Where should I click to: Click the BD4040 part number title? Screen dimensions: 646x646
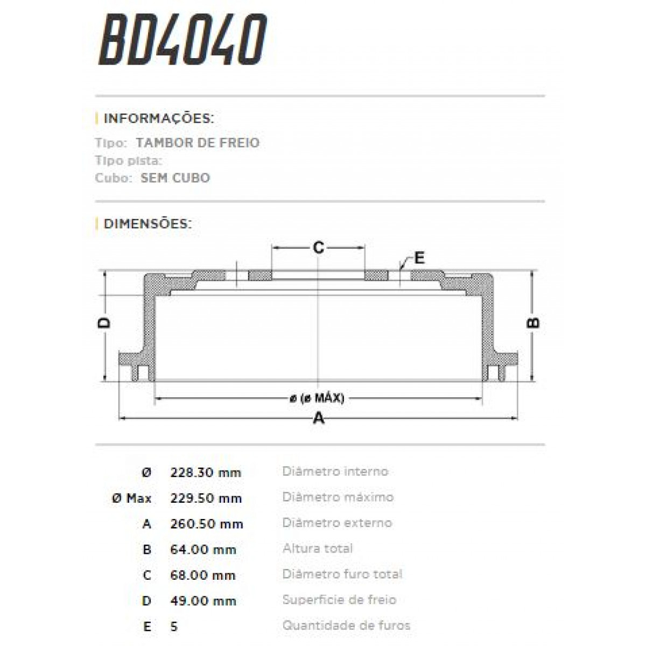tap(182, 40)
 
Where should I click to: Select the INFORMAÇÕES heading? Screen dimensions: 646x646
tap(158, 118)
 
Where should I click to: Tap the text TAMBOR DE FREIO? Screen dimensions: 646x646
tap(197, 143)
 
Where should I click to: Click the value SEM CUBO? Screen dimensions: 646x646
tap(175, 178)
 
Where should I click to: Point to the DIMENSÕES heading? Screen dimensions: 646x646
tap(147, 223)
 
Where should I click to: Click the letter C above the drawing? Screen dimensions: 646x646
tap(319, 248)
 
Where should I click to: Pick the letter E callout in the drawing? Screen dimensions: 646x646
tap(419, 258)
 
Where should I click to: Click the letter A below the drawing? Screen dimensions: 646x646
tap(319, 418)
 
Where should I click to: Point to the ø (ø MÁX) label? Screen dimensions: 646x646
tap(317, 398)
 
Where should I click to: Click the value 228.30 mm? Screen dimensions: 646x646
tap(205, 473)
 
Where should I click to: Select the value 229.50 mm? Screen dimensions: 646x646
tap(206, 498)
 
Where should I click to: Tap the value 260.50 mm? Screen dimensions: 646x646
tap(206, 524)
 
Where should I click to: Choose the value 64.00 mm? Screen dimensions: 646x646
tap(203, 550)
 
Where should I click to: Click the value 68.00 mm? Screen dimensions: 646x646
tap(203, 575)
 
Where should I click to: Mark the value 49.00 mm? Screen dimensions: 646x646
tap(203, 601)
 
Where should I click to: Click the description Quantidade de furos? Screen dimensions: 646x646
tap(346, 625)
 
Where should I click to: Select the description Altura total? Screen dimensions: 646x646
tap(318, 549)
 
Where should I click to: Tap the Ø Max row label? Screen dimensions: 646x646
tap(132, 498)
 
